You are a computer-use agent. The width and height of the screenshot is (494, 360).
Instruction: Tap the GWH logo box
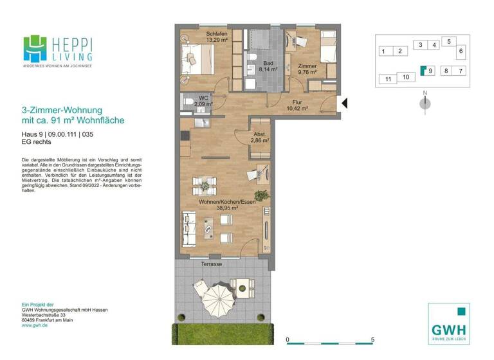point(448,323)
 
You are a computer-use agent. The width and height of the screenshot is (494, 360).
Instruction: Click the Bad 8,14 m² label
point(268,66)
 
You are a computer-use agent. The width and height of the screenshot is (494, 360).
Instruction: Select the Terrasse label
point(211,264)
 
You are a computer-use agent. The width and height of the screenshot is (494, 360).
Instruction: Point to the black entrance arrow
point(344,103)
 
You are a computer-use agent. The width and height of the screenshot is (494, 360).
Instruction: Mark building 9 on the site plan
point(429,71)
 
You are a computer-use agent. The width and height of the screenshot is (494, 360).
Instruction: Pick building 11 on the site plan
point(387,79)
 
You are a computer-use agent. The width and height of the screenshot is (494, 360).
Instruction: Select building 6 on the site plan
point(461,51)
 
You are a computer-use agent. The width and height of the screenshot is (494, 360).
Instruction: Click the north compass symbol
point(425,102)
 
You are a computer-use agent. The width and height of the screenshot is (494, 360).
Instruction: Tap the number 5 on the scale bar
point(372,339)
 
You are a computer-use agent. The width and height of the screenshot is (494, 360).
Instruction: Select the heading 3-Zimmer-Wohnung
point(62,111)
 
